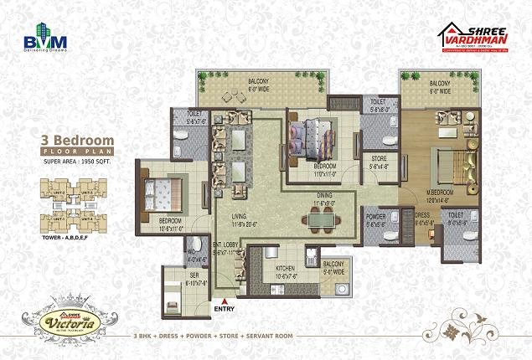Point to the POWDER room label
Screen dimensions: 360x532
click(x=375, y=215)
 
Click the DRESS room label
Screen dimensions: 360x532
click(x=422, y=215)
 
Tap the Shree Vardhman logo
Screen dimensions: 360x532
click(x=474, y=37)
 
